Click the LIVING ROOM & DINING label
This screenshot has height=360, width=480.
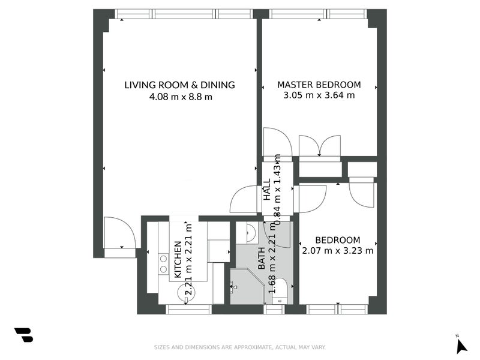[179, 85]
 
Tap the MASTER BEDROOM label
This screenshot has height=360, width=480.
[319, 85]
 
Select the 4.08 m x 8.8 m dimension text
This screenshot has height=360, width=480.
[181, 97]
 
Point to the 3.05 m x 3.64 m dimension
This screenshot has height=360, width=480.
[319, 95]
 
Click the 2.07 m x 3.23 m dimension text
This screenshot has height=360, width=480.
[338, 251]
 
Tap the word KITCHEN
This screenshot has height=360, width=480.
[178, 260]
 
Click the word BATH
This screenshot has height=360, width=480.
[262, 258]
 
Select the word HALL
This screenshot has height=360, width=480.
[267, 190]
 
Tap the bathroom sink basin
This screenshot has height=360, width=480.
[251, 233]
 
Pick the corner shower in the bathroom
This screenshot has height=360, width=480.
[247, 286]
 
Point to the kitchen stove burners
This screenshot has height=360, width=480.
[163, 264]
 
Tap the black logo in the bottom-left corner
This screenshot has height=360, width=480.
[24, 335]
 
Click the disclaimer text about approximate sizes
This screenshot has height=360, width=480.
[239, 347]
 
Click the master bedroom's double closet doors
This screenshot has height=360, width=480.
[320, 146]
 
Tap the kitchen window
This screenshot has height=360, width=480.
[189, 309]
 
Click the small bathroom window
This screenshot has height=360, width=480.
[274, 309]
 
